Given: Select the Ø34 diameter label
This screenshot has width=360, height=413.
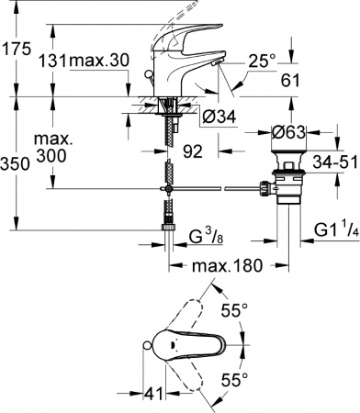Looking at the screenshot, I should coord(222,116).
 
